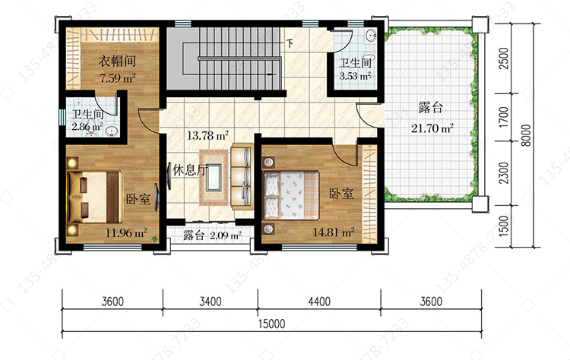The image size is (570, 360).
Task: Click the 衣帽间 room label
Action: click(117, 61)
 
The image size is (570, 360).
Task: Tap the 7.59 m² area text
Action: click(118, 77)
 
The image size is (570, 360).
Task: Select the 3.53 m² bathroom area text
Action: click(355, 76)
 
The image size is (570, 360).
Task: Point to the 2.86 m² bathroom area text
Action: click(87, 127)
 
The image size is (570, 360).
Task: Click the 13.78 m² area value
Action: click(208, 135)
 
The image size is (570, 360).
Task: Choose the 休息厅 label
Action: click(189, 169)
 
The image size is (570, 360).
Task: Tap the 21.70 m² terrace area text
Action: click(432, 128)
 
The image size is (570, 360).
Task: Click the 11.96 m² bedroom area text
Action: click(126, 232)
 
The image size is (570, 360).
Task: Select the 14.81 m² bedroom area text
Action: click(334, 232)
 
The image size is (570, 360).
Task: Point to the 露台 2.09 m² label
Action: click(212, 235)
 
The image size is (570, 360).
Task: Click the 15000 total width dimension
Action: click(271, 324)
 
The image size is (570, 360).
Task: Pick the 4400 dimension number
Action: click(319, 302)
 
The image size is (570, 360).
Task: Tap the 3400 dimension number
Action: click(210, 302)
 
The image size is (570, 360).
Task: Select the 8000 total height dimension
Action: click(526, 135)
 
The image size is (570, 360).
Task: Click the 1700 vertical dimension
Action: click(503, 117)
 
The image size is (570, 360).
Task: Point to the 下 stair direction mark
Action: click(290, 43)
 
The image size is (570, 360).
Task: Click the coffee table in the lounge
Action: click(214, 178)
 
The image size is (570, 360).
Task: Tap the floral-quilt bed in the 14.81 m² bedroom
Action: click(291, 195)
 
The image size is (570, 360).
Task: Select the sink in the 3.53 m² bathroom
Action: click(371, 36)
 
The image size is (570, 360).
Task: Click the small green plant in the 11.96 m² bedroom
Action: click(155, 239)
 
